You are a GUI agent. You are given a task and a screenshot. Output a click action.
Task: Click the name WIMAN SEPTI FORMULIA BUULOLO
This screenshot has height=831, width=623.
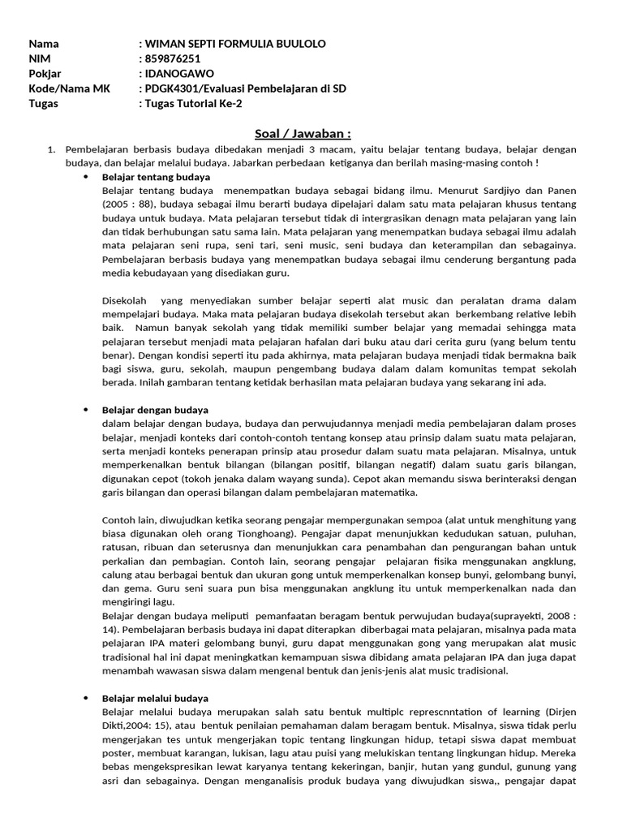coord(235,43)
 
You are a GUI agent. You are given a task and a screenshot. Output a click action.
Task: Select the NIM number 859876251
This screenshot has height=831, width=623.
coord(173,58)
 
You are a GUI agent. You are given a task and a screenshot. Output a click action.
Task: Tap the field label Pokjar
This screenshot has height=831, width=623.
coord(45,73)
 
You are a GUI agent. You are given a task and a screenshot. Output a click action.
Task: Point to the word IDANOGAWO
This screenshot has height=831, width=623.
coord(179,73)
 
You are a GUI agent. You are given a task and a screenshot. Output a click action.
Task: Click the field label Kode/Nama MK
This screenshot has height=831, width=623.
coord(64,88)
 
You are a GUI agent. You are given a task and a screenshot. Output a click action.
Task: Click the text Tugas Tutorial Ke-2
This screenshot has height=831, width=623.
coord(194,103)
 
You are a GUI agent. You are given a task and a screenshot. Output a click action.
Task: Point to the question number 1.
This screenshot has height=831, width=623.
coord(50,149)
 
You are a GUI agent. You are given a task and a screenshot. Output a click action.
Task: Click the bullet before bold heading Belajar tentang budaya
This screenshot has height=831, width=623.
coord(87,176)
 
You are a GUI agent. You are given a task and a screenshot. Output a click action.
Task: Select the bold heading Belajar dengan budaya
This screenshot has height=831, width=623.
coord(155,410)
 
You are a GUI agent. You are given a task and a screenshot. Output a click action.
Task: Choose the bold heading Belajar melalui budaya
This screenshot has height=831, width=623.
coord(155,698)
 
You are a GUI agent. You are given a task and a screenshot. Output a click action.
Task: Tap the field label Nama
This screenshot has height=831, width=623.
coord(44,43)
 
